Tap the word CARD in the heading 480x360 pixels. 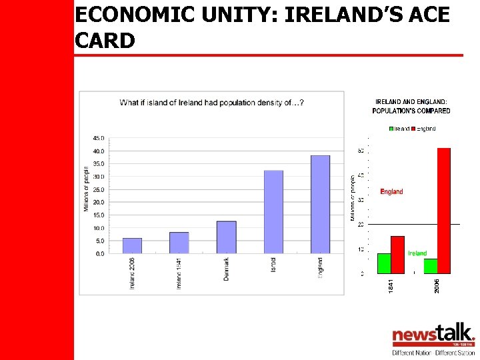(x=105, y=41)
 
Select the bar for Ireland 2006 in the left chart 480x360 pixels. (x=132, y=245)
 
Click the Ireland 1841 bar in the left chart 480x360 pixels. (x=179, y=243)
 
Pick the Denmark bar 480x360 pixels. (x=227, y=237)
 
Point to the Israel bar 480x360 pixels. (x=273, y=211)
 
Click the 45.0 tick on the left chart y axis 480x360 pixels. (x=98, y=138)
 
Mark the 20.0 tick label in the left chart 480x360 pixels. (x=98, y=202)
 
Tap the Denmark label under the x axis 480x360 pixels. (x=227, y=269)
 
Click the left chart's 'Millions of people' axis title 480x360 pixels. (x=86, y=189)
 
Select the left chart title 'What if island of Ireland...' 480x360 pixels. (x=212, y=103)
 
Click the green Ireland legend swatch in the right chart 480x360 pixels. (x=391, y=129)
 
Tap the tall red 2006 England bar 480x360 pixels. (x=443, y=210)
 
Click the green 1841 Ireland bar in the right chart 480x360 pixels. (x=384, y=263)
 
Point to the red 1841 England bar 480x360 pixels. (x=397, y=255)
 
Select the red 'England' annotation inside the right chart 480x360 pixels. (x=391, y=191)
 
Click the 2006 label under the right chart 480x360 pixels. (x=437, y=285)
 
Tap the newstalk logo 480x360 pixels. (x=433, y=335)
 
